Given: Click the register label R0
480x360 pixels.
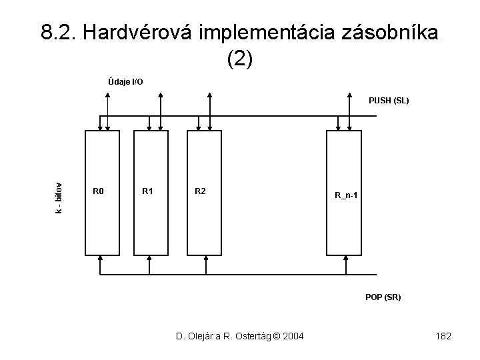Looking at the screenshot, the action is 98,192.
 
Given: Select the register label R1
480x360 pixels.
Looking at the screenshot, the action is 148,192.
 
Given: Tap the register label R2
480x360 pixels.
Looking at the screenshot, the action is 200,192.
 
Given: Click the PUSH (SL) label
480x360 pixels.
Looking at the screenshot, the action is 389,101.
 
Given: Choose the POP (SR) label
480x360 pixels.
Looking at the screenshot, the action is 383,297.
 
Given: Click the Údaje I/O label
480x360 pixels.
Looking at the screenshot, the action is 125,82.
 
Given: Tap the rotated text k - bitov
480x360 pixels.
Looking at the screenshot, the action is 59,199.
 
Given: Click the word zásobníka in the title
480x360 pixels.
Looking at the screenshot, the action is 390,32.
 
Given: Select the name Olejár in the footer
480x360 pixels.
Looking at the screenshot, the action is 197,336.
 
